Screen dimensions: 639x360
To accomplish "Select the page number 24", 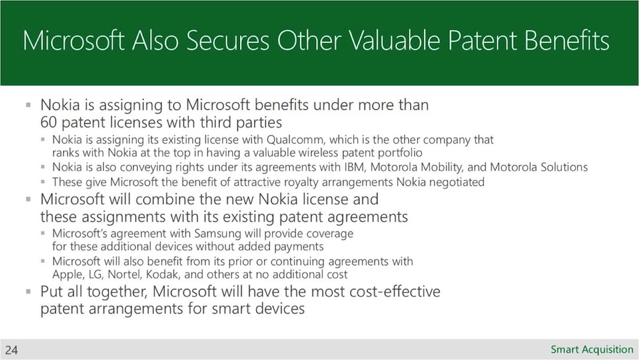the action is coord(12,350).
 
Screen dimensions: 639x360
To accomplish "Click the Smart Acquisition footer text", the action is coord(592,350).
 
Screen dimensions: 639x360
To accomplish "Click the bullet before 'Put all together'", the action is coord(28,292).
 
